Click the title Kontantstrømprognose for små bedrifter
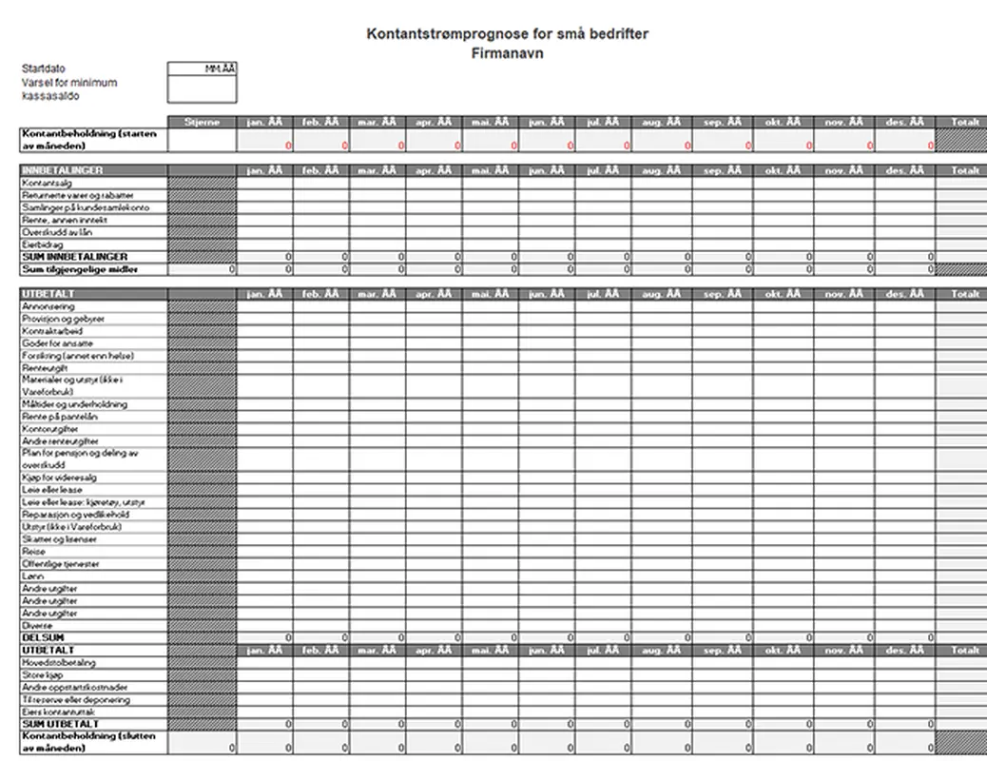click(x=508, y=34)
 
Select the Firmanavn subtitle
click(x=508, y=53)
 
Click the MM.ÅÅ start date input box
click(x=202, y=69)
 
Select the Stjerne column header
click(x=202, y=122)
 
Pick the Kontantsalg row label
click(x=45, y=183)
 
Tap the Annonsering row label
click(x=48, y=307)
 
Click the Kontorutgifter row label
click(x=49, y=429)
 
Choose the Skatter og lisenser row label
click(x=59, y=538)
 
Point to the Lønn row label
click(x=33, y=576)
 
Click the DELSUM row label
click(x=43, y=637)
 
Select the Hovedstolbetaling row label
click(x=59, y=662)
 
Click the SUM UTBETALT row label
click(x=60, y=724)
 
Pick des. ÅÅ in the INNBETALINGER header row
click(x=903, y=170)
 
